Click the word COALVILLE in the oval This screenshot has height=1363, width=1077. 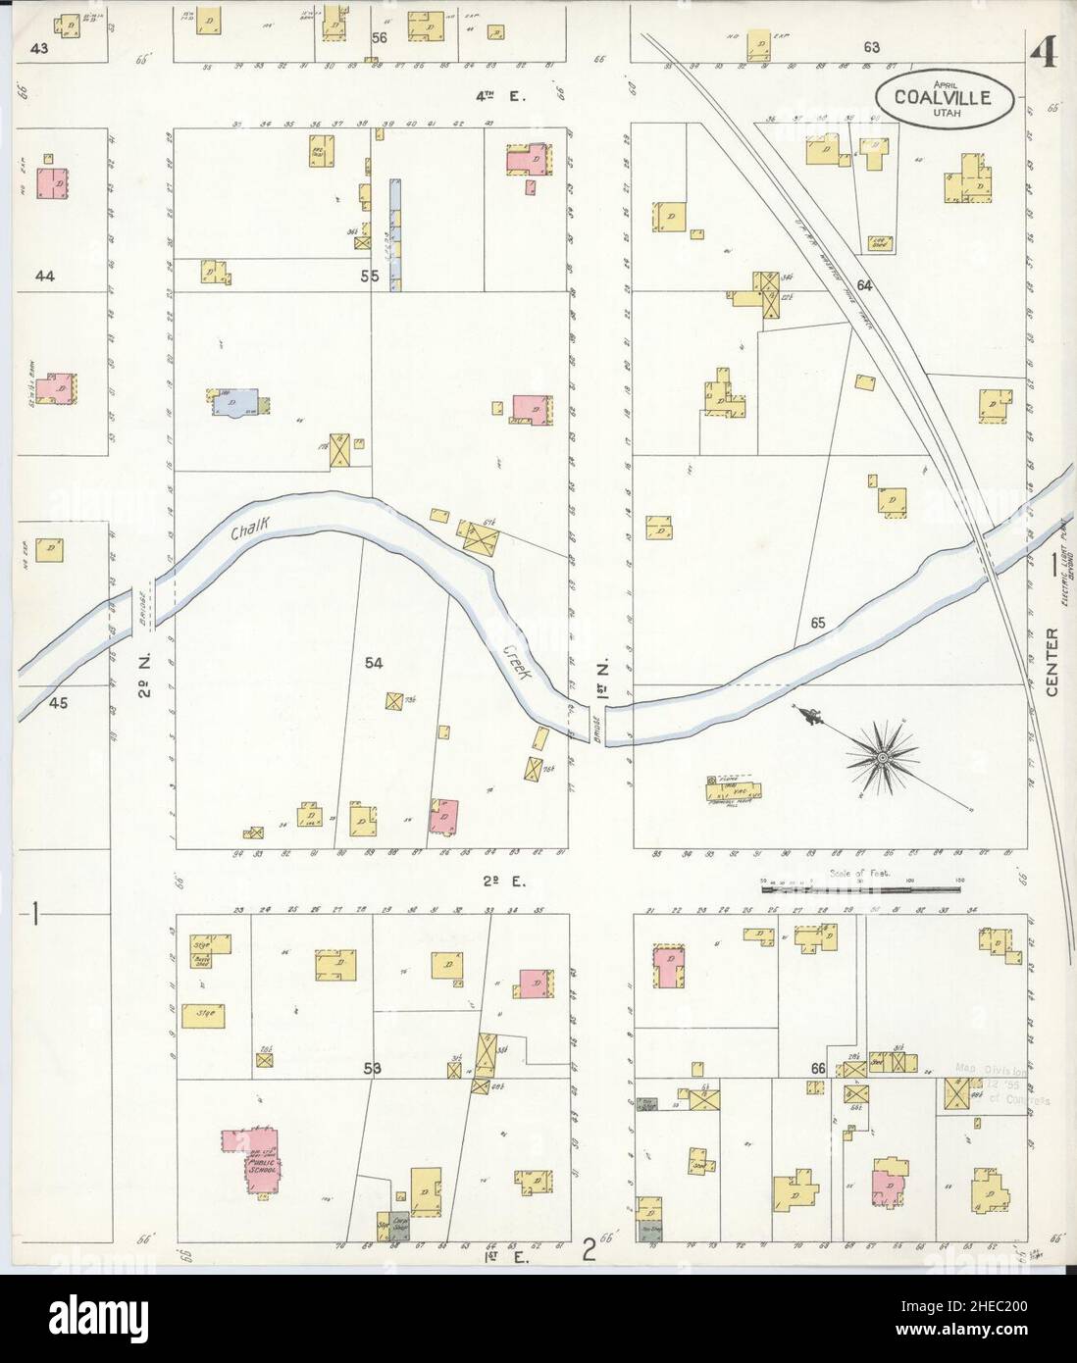(941, 96)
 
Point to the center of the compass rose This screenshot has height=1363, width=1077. (882, 757)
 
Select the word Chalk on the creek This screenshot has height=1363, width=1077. (250, 530)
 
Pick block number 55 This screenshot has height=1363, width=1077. (369, 277)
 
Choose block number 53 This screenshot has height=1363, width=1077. (374, 1068)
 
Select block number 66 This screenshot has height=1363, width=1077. (817, 1068)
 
